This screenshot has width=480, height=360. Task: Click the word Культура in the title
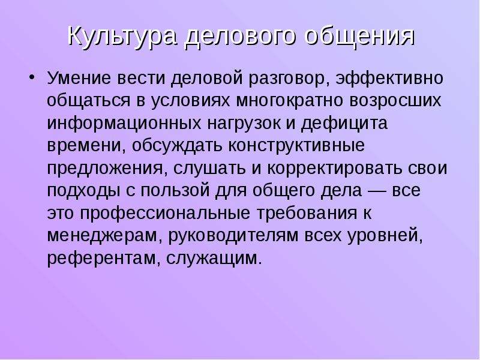tap(122, 36)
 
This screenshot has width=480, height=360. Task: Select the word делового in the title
tap(241, 35)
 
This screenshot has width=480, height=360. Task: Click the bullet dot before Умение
tap(32, 77)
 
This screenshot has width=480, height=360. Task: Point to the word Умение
tap(79, 78)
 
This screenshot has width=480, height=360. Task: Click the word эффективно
tap(389, 79)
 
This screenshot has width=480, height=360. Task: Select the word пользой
tap(175, 191)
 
